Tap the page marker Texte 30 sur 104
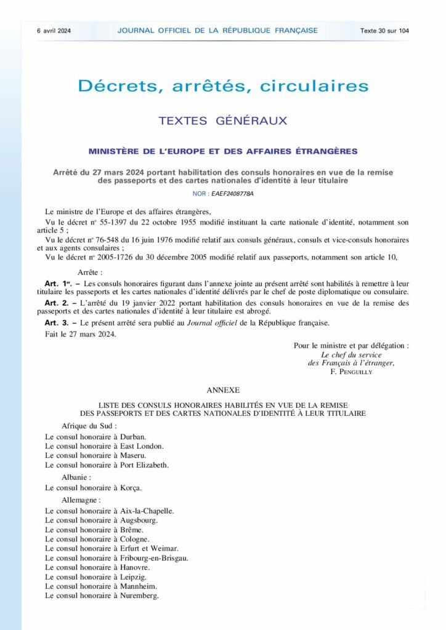click(384, 30)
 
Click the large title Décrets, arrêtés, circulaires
click(223, 86)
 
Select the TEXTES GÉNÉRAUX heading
click(223, 121)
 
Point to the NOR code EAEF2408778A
click(232, 193)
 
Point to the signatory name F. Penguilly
click(351, 372)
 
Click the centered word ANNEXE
click(223, 390)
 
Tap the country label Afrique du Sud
click(89, 426)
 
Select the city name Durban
click(133, 436)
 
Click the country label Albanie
click(76, 476)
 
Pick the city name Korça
click(131, 487)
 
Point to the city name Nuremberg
click(139, 596)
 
